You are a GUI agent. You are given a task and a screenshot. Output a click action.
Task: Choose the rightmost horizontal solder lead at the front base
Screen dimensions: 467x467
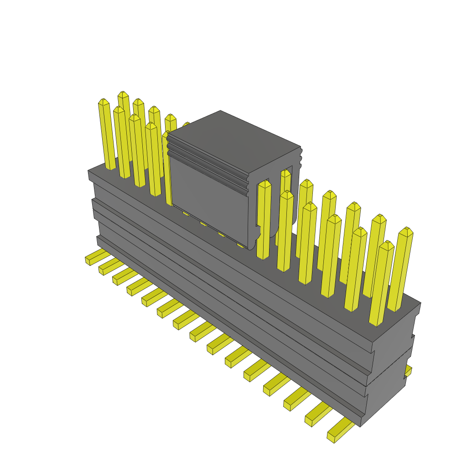[340, 431]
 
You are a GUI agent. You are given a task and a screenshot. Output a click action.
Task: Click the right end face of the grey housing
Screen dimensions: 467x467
[392, 360]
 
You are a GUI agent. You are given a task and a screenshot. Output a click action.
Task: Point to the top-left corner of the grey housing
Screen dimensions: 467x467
[88, 171]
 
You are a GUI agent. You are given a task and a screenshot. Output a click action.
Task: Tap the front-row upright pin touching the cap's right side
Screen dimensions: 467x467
[264, 219]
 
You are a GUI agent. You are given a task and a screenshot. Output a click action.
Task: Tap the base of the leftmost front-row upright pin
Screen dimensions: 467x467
[111, 167]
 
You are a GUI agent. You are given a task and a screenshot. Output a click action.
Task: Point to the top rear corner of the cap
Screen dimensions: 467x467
[221, 111]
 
